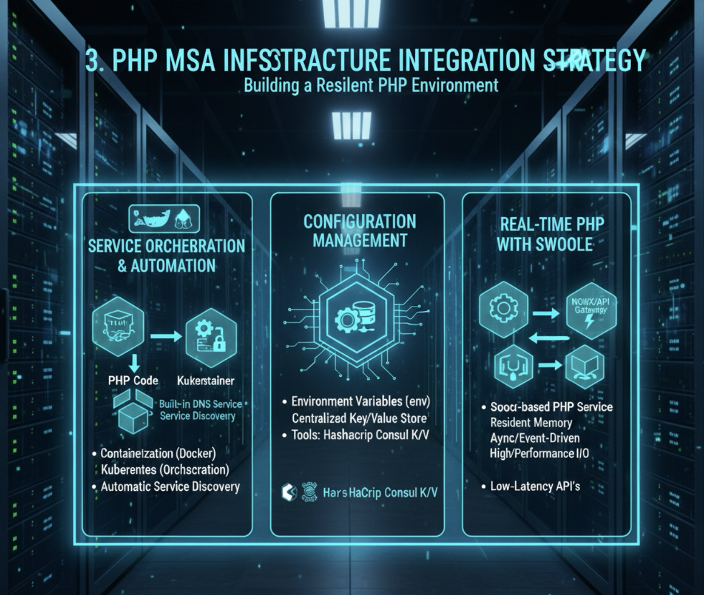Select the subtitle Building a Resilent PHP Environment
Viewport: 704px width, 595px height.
371,86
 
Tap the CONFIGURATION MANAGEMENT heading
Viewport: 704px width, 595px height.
360,231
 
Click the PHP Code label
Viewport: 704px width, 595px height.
133,380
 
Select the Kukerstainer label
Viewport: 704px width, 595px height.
206,380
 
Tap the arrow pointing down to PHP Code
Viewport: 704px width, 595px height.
133,364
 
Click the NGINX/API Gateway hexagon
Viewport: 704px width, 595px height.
590,310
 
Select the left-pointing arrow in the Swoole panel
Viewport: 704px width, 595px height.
549,338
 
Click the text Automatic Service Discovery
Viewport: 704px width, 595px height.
170,486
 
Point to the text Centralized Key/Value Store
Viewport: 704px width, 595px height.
359,418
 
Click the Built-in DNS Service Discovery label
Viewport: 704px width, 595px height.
200,410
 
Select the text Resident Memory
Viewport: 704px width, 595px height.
531,422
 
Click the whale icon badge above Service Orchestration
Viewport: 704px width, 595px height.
164,218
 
